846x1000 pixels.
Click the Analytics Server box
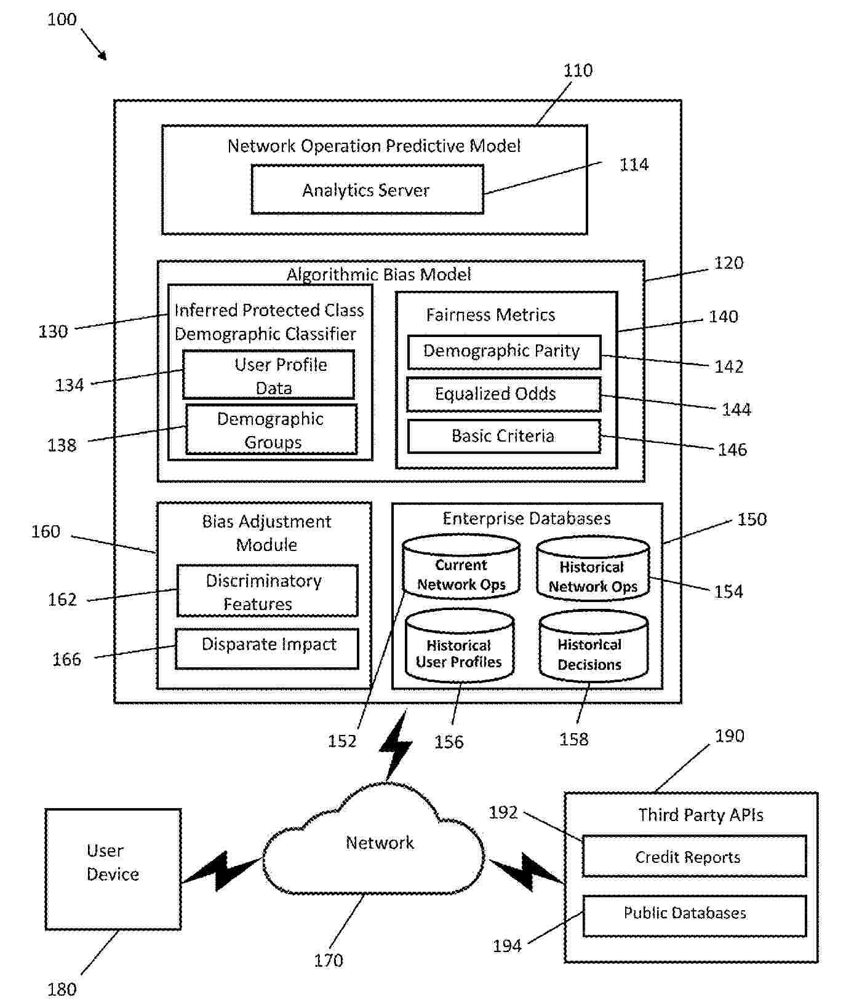tap(367, 189)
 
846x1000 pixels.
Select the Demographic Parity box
tap(504, 352)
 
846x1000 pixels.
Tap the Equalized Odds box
tap(503, 394)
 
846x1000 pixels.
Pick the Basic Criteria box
tap(503, 436)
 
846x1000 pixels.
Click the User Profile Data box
tap(268, 375)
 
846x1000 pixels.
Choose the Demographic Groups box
tap(271, 429)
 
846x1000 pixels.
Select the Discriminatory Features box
tap(267, 591)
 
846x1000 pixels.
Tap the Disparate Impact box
tap(267, 648)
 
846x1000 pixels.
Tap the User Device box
tap(113, 868)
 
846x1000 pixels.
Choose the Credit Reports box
tap(693, 856)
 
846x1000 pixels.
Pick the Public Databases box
tap(693, 916)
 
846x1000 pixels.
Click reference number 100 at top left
tap(62, 20)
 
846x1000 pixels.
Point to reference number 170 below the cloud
tap(328, 960)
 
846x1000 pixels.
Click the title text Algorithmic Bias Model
tap(378, 274)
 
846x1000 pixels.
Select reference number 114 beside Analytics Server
tap(633, 165)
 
